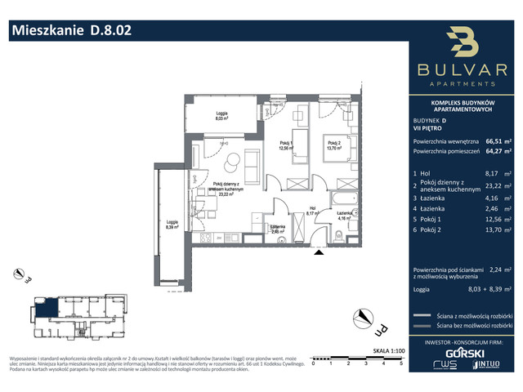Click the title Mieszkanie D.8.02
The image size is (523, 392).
(69, 31)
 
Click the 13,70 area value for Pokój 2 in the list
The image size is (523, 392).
(492, 243)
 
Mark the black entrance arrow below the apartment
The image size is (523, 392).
(318, 252)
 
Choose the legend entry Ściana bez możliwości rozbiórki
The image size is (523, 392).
(470, 326)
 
